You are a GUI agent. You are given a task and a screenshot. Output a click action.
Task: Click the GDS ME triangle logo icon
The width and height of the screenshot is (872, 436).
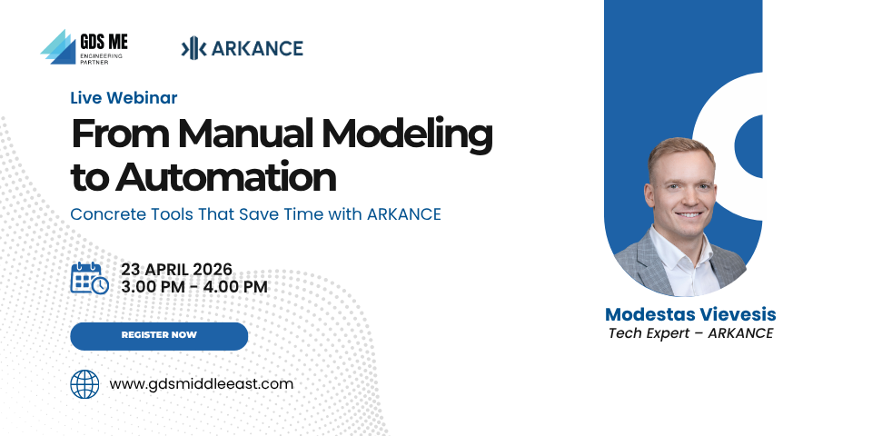click(x=58, y=46)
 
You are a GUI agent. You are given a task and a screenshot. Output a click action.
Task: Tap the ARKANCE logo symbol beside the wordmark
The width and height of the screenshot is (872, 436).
click(x=193, y=48)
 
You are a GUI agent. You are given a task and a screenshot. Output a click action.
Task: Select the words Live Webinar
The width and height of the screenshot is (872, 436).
click(x=124, y=98)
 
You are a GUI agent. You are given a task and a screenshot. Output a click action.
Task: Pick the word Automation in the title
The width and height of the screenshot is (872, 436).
click(x=226, y=177)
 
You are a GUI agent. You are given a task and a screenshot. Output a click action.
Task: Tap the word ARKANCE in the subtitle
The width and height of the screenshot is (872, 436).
click(x=403, y=214)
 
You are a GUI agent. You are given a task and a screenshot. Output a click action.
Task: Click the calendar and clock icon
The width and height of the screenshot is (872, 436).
click(x=90, y=278)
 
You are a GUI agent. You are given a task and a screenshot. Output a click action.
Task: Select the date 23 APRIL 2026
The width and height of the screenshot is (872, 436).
click(x=177, y=269)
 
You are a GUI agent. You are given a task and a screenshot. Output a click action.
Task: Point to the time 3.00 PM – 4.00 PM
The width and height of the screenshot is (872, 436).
click(x=194, y=287)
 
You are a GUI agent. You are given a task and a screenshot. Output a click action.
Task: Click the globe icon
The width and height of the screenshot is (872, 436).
click(x=84, y=384)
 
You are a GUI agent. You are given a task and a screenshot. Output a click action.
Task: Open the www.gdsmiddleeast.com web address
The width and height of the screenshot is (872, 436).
click(x=202, y=384)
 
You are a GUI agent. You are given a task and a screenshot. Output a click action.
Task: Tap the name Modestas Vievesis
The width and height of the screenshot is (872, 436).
click(x=690, y=314)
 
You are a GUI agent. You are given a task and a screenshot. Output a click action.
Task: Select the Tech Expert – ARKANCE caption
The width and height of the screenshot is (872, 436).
click(x=690, y=333)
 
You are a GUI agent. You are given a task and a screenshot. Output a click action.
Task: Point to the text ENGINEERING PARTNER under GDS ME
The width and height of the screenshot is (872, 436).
click(x=101, y=59)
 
